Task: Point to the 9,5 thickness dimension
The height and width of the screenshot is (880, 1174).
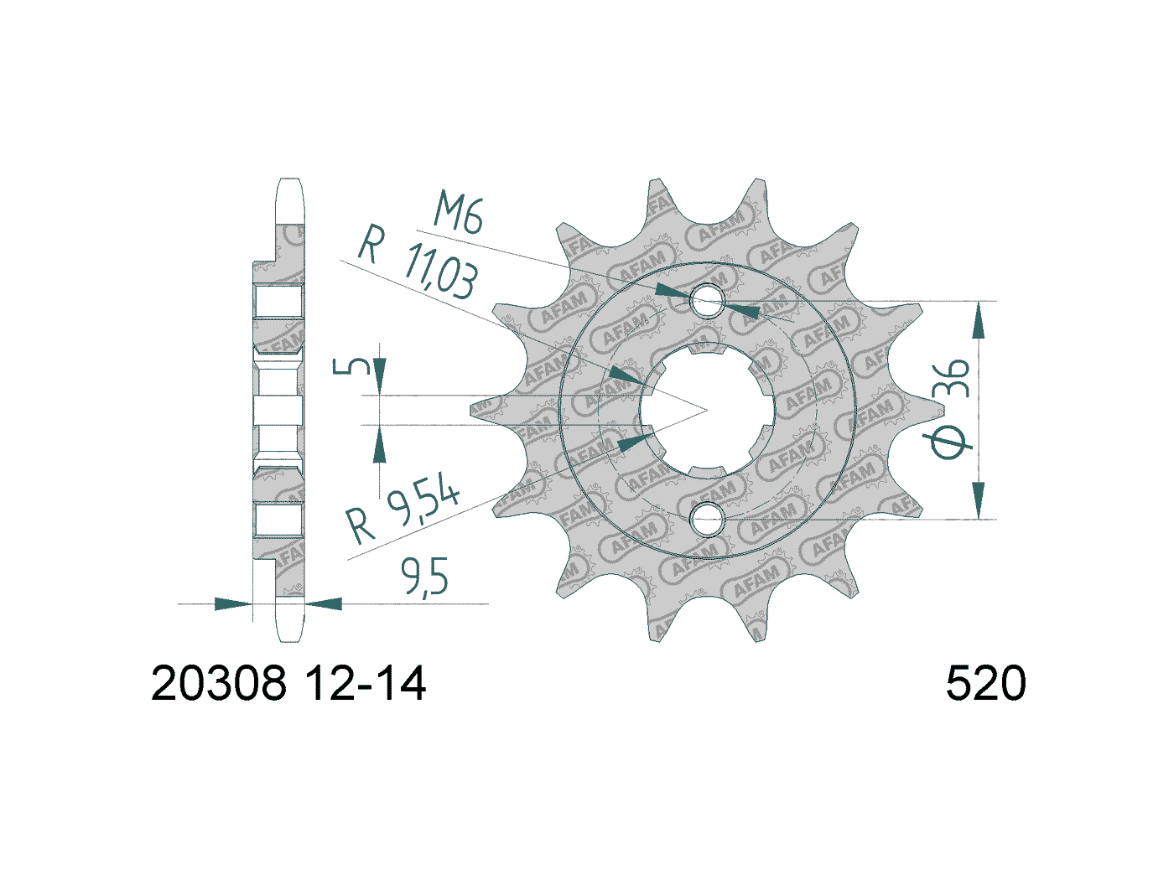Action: (x=424, y=577)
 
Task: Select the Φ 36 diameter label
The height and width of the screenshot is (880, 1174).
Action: (x=950, y=409)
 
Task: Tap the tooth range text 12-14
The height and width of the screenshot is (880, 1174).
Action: (x=365, y=685)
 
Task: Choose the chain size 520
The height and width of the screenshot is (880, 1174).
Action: (x=985, y=685)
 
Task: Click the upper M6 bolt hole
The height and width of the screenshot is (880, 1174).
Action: (x=707, y=303)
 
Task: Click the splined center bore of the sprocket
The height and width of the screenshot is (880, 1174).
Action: (x=707, y=410)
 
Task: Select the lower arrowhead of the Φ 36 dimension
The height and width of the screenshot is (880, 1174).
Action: (x=978, y=500)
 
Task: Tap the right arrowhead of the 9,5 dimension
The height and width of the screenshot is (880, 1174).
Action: (x=324, y=603)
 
